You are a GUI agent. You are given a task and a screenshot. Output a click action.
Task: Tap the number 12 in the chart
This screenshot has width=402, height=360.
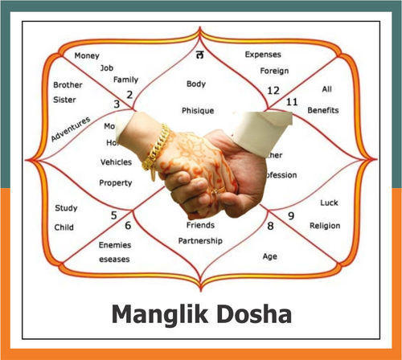click(273, 90)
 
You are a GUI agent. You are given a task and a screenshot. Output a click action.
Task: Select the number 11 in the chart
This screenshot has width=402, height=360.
click(292, 101)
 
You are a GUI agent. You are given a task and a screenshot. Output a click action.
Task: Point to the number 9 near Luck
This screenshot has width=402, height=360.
click(290, 215)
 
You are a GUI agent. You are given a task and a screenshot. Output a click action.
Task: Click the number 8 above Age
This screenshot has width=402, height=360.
click(270, 227)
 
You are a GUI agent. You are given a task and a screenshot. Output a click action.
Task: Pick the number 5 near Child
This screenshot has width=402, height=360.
click(113, 215)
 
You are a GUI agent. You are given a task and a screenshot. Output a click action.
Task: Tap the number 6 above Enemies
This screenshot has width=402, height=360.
click(127, 226)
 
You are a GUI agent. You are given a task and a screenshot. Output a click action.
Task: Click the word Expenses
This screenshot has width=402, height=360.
click(263, 55)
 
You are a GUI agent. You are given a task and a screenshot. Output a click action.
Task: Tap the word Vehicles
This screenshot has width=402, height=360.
click(115, 162)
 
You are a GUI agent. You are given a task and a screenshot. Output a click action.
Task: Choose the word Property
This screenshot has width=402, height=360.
click(115, 182)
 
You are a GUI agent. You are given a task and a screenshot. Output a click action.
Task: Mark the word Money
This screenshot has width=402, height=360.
click(87, 56)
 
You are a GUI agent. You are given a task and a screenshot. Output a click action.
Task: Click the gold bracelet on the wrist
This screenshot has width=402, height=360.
click(155, 149)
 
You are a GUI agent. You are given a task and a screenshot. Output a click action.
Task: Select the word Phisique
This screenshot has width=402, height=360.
click(196, 110)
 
